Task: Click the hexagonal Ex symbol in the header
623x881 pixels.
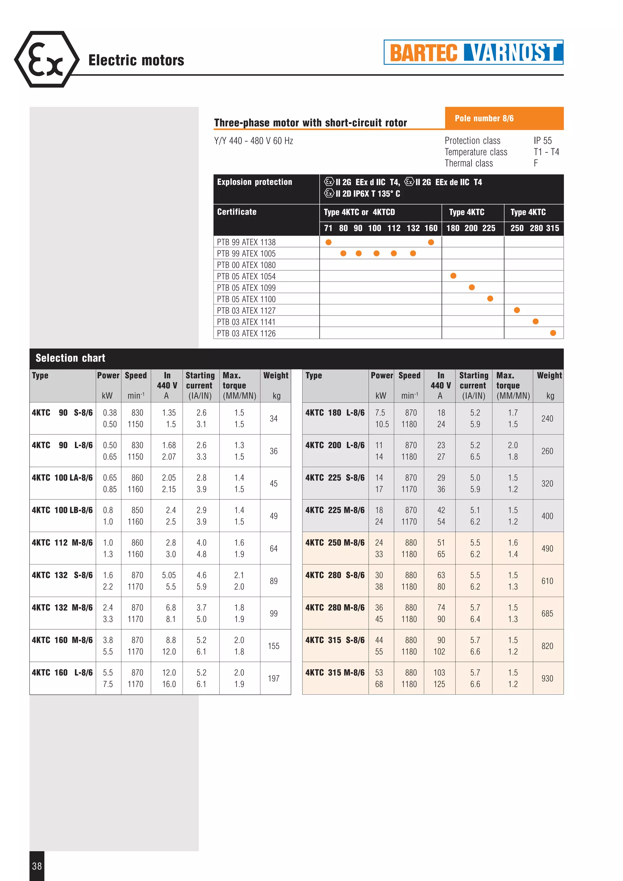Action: (x=47, y=60)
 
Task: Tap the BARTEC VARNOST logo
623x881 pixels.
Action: (x=473, y=52)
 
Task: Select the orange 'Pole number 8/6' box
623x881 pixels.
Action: (x=504, y=118)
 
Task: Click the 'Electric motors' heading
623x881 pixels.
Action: (x=136, y=60)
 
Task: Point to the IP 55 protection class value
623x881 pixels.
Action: (x=542, y=140)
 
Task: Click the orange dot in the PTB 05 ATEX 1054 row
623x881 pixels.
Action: (x=453, y=276)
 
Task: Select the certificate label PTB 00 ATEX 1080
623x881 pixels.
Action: (x=246, y=265)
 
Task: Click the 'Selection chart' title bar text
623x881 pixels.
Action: (x=70, y=358)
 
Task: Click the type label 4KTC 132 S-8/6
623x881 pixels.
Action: (x=62, y=575)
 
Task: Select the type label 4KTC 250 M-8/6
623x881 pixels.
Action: (x=335, y=543)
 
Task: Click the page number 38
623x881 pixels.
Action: (x=37, y=866)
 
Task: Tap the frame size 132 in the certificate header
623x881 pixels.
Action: (x=413, y=228)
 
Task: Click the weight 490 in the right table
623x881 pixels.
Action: (x=547, y=548)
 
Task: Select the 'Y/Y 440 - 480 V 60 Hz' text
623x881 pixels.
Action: (x=253, y=141)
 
